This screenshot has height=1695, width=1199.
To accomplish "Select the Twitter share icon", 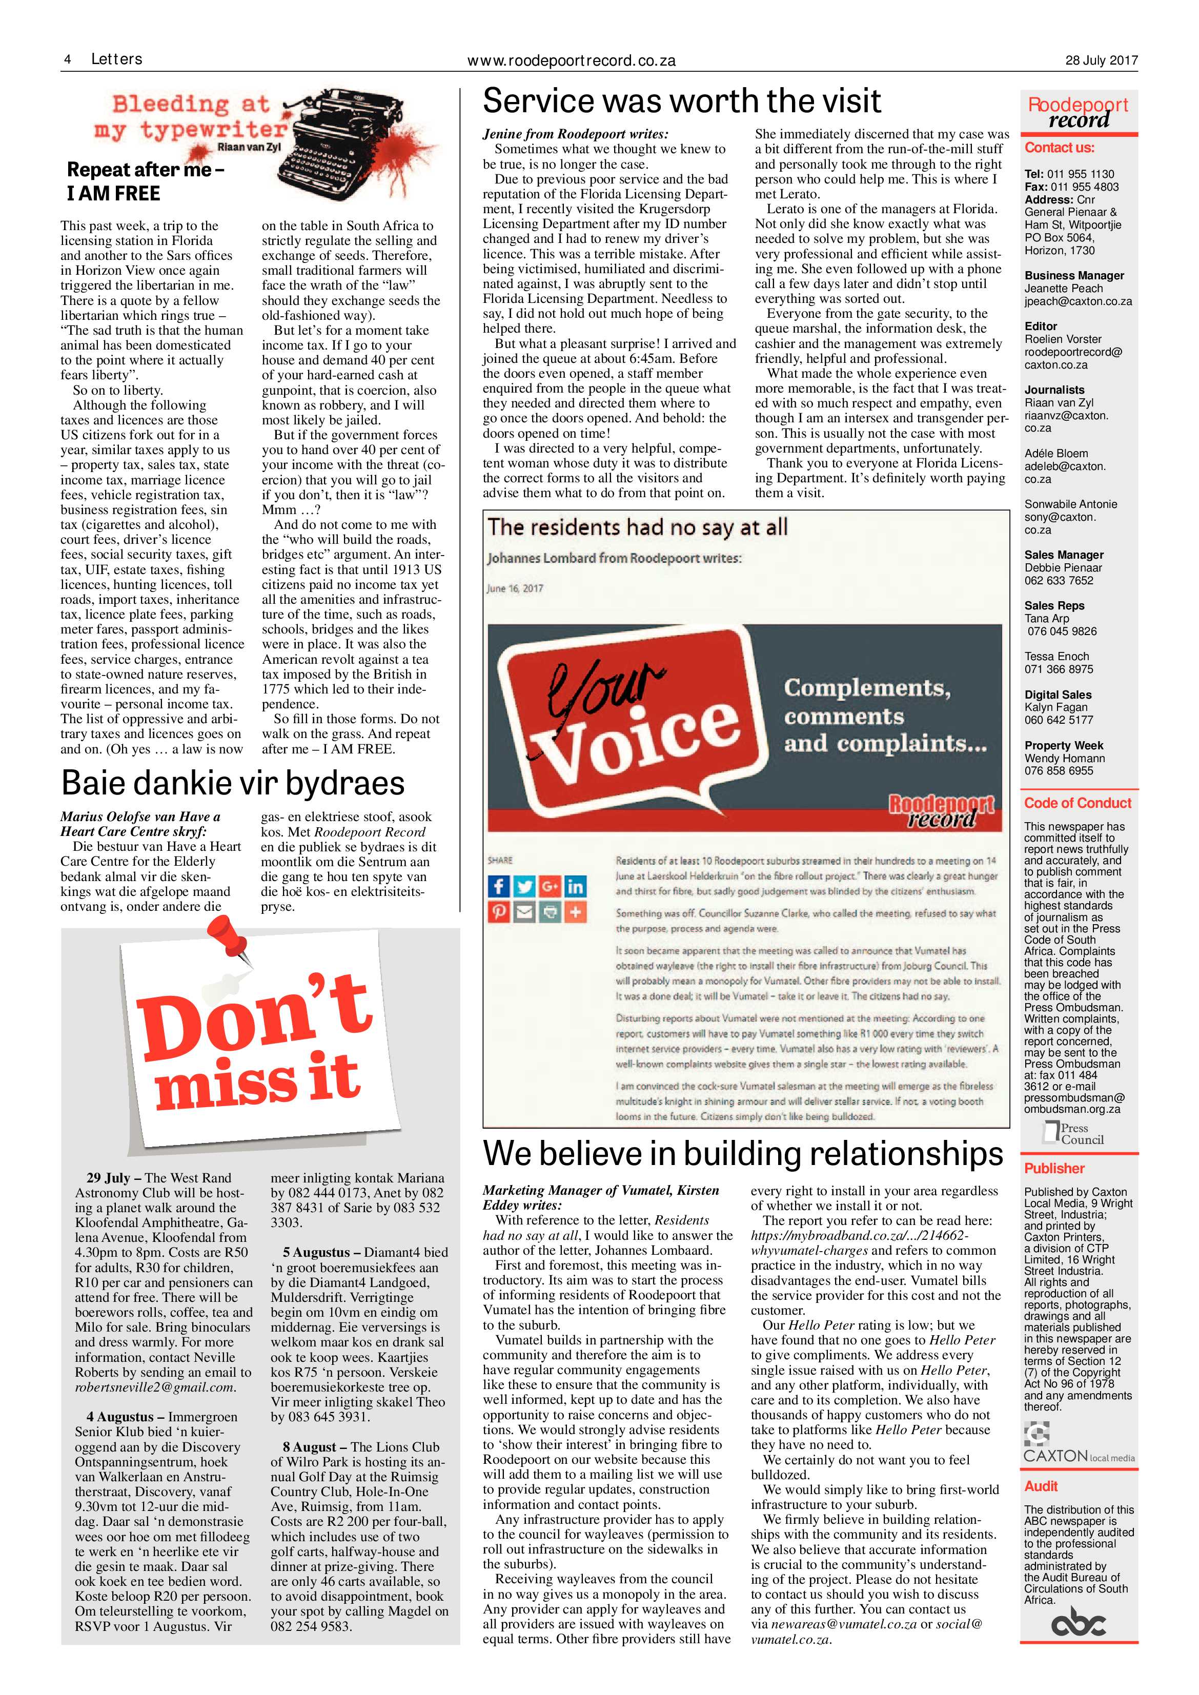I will (524, 886).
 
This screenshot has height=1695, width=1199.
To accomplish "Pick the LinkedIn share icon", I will (575, 886).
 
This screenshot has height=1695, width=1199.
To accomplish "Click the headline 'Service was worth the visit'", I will (681, 101).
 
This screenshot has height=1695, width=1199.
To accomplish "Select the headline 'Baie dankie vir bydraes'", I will (233, 783).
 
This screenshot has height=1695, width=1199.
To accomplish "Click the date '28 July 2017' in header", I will (1101, 60).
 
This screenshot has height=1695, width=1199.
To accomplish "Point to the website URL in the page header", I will (572, 62).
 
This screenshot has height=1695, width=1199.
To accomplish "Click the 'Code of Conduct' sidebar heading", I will (1077, 803).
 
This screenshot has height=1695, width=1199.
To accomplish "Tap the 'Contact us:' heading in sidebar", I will (1059, 148).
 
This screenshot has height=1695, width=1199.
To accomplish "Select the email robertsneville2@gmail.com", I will (154, 1387).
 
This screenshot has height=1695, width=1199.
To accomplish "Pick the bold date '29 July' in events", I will (108, 1177).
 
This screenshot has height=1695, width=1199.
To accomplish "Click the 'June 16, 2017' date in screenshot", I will (515, 588).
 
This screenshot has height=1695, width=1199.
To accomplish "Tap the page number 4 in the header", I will (67, 60).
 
